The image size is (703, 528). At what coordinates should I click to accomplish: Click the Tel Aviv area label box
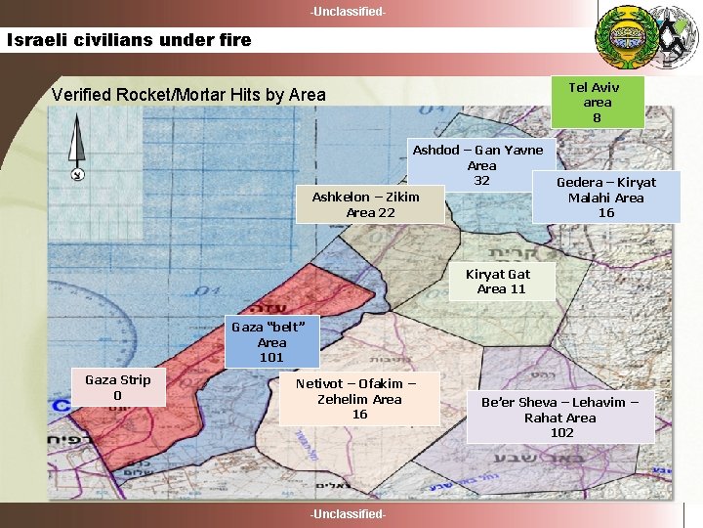(597, 101)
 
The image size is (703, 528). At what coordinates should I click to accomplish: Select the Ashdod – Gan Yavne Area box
(481, 165)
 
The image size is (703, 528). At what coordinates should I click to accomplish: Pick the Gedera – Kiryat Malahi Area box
(606, 197)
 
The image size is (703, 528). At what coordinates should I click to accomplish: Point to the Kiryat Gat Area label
(502, 282)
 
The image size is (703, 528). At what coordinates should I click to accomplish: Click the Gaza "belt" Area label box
(272, 342)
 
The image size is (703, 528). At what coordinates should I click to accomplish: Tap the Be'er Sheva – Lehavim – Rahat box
(560, 418)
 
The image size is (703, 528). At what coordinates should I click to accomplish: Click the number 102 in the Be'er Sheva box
(561, 433)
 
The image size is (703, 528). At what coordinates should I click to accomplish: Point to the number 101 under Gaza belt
(271, 358)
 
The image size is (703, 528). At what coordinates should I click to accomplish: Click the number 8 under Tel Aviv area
(597, 117)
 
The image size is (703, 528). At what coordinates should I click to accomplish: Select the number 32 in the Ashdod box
(481, 181)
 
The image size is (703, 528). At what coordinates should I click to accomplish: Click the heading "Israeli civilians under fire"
(129, 40)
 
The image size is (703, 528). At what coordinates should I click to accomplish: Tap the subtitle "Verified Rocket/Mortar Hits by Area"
(188, 95)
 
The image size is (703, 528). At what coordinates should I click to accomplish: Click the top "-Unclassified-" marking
(348, 12)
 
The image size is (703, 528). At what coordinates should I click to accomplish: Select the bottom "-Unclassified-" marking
(348, 514)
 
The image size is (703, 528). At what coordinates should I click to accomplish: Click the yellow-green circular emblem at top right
(622, 35)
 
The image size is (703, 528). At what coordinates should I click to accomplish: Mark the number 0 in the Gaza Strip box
(117, 395)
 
